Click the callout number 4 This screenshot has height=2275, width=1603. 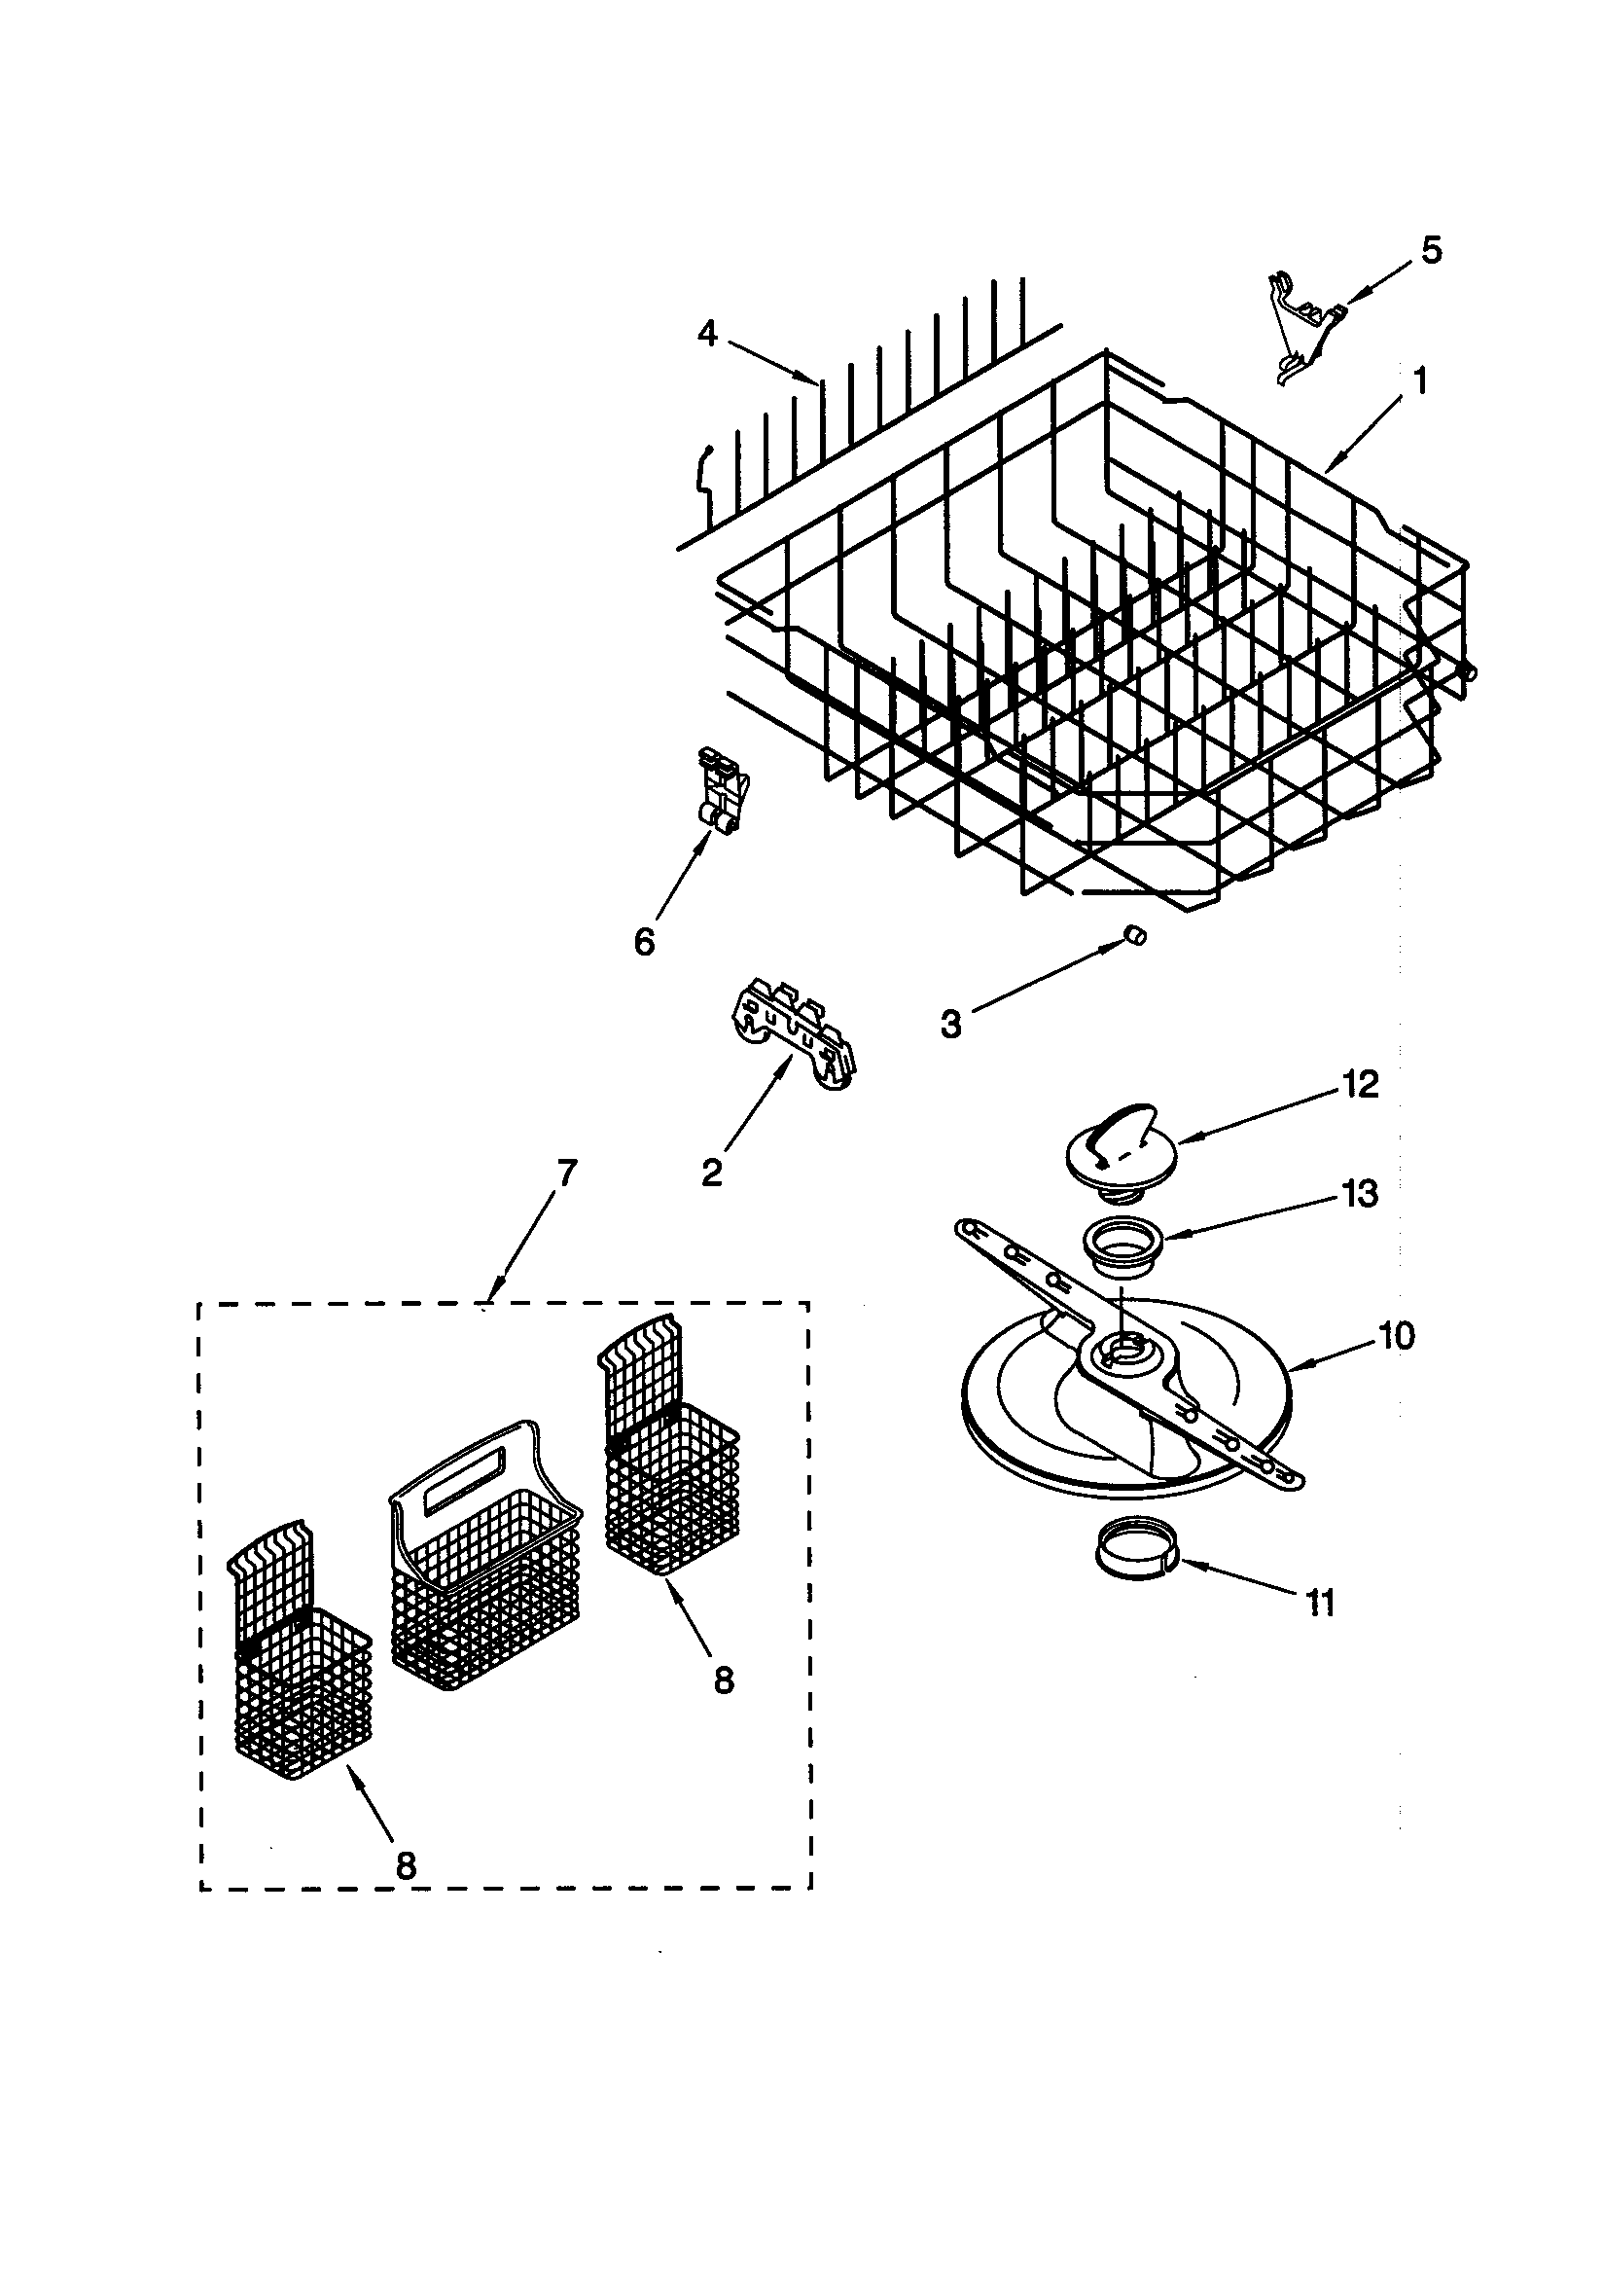(707, 334)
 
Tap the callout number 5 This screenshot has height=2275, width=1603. (1431, 251)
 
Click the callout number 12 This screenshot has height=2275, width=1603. (1360, 1085)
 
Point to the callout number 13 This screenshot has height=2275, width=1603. (1360, 1193)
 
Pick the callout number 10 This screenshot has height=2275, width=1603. (1397, 1337)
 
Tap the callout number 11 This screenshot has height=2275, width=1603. (1321, 1603)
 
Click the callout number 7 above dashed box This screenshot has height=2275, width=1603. (566, 1174)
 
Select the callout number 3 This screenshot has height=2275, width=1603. (951, 1024)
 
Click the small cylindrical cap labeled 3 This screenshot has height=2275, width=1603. (1136, 934)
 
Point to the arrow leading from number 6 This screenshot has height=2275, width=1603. (681, 880)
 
